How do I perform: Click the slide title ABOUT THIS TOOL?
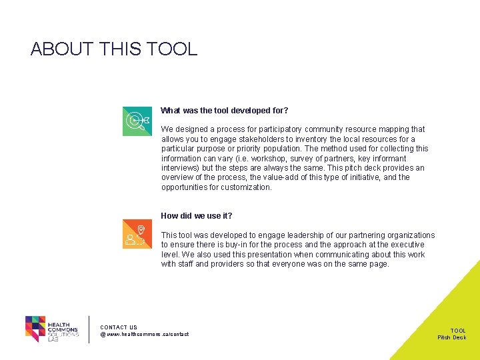coord(114,49)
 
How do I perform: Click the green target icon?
coord(137,121)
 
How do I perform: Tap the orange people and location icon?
coord(137,234)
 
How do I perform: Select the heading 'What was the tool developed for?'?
coord(225,111)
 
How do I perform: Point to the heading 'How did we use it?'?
coord(197,216)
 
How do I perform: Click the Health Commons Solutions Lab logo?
coord(52,329)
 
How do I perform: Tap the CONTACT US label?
coord(119,327)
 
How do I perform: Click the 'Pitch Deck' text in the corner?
coord(451,337)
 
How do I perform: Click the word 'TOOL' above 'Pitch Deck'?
coord(458,331)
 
